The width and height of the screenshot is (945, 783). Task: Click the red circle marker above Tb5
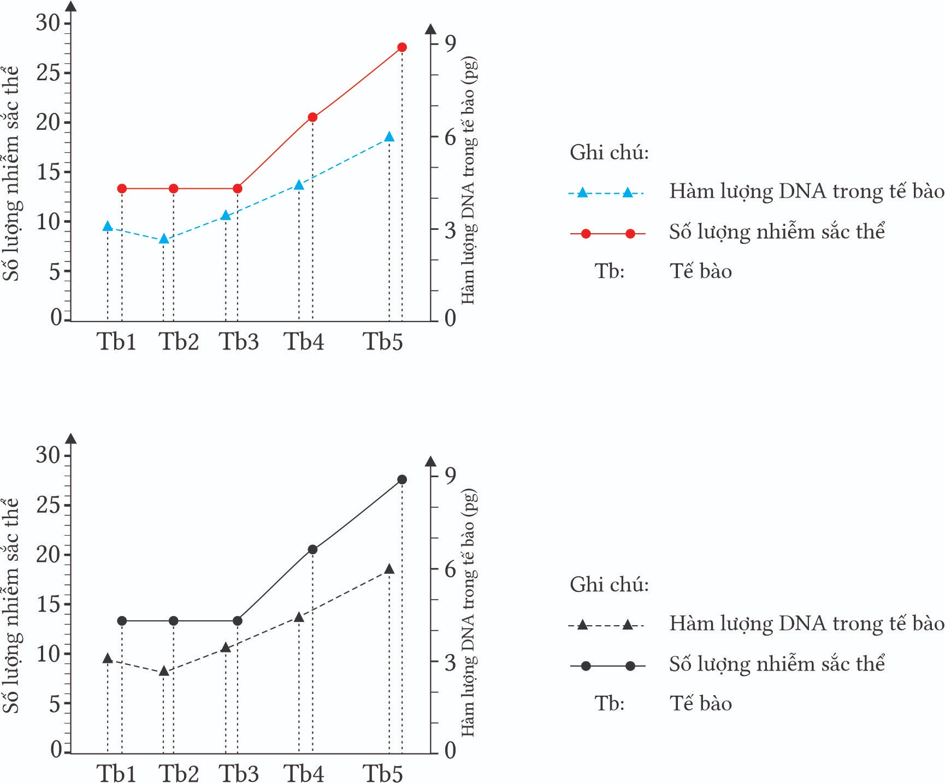click(402, 48)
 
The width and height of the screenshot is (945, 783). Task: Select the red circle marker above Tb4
click(312, 117)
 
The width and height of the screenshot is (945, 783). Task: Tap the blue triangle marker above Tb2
click(164, 239)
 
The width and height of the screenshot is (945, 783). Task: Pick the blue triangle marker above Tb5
click(389, 137)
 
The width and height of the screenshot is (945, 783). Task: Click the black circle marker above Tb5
click(402, 479)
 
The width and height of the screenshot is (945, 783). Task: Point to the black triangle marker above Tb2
click(164, 671)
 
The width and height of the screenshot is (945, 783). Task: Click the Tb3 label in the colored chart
click(239, 342)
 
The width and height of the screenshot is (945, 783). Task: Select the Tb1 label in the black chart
click(116, 773)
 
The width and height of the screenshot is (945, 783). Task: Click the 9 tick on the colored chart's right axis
click(450, 43)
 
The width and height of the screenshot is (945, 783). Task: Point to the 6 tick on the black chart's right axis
click(450, 570)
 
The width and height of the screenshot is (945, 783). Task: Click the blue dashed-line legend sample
click(606, 193)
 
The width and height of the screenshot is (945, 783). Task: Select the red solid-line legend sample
click(607, 234)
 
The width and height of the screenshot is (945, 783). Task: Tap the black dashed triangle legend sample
click(606, 625)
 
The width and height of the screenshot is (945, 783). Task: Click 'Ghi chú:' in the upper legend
click(609, 152)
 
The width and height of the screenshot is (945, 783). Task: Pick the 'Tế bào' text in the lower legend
click(701, 703)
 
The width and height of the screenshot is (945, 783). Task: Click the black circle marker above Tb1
click(122, 621)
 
